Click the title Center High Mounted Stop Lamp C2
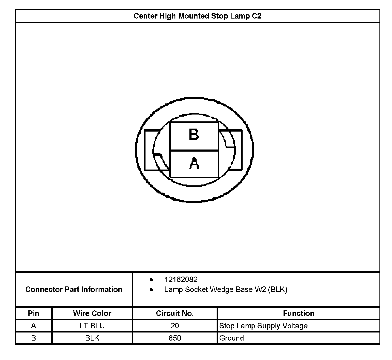click(x=197, y=16)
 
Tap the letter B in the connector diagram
click(x=194, y=135)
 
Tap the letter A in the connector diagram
click(x=194, y=163)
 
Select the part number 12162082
click(x=181, y=280)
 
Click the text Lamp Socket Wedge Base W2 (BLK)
click(x=226, y=289)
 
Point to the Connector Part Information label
click(x=74, y=289)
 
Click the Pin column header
click(x=33, y=313)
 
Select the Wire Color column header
click(x=92, y=313)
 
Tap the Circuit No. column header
click(x=175, y=313)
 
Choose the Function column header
click(x=298, y=313)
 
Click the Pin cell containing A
click(x=33, y=326)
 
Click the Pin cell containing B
click(x=33, y=338)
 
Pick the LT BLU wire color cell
click(x=92, y=326)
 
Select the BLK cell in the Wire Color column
click(x=92, y=338)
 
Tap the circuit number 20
click(x=175, y=326)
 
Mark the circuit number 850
click(x=175, y=338)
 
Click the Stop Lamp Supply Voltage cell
click(x=263, y=326)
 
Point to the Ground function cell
click(x=232, y=338)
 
